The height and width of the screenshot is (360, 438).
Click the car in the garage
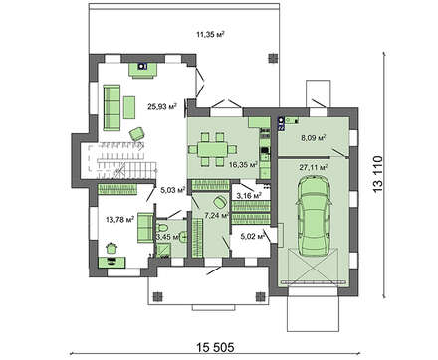click(x=315, y=216)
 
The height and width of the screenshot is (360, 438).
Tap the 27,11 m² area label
click(x=314, y=167)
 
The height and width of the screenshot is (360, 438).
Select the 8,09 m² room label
click(x=313, y=137)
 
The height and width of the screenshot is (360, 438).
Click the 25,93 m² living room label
click(x=162, y=106)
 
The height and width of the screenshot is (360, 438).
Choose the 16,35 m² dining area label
click(x=244, y=164)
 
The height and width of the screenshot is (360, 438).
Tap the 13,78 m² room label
click(x=119, y=219)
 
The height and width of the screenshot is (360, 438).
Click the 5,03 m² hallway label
click(x=173, y=190)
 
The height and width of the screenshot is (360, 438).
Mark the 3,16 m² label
click(x=249, y=196)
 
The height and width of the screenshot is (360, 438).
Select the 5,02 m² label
click(x=253, y=237)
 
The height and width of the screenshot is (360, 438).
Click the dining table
click(x=212, y=149)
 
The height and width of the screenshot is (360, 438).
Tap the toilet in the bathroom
click(x=163, y=229)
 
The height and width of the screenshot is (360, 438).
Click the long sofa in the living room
click(x=111, y=107)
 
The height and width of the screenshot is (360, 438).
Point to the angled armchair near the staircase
click(x=137, y=134)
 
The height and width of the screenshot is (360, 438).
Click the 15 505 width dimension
click(x=215, y=347)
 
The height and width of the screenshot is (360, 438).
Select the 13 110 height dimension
click(x=377, y=174)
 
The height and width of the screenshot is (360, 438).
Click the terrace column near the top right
click(x=273, y=58)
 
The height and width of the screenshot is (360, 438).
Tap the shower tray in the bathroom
click(x=163, y=250)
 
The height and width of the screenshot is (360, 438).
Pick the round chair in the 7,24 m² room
click(x=219, y=201)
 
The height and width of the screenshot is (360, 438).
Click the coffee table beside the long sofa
click(x=129, y=107)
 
